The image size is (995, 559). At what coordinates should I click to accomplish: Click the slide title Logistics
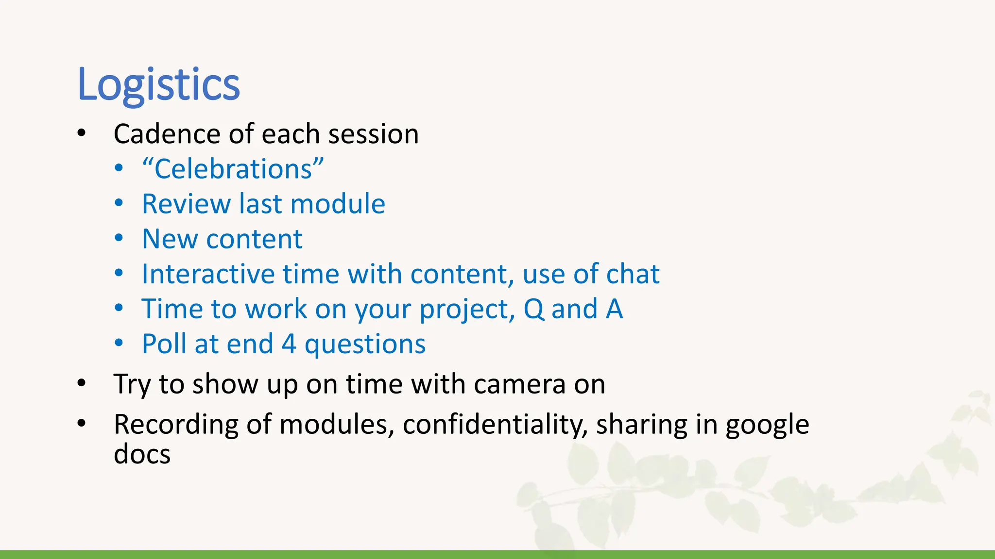pos(158,85)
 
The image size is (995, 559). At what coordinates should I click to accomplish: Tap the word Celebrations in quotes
pos(233,169)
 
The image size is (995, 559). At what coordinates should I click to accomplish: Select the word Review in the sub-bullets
pos(186,204)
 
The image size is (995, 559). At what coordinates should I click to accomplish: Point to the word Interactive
pos(207,274)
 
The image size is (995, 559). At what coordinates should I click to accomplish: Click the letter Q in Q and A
pos(534,310)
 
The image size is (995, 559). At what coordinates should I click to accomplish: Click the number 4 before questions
pos(289,344)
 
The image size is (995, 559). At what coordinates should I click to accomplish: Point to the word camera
pos(519,384)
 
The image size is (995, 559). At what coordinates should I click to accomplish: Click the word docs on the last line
pos(142,455)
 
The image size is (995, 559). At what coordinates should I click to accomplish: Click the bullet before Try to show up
pos(81,384)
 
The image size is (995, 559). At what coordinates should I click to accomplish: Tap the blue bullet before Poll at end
pos(119,344)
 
